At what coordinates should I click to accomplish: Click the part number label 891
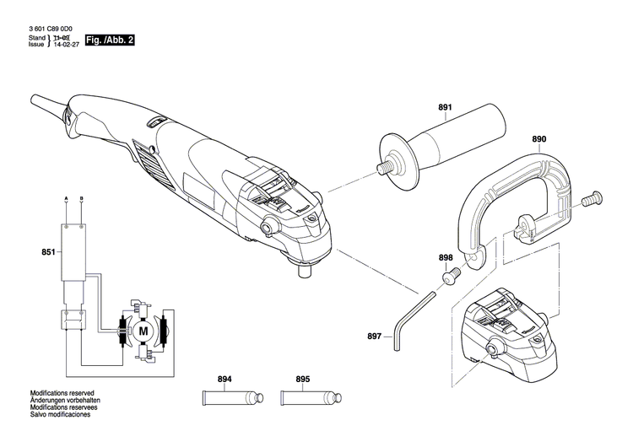(445, 107)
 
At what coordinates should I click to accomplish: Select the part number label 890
(539, 138)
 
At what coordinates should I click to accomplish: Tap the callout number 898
(446, 257)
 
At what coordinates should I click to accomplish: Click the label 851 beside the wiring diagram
(48, 252)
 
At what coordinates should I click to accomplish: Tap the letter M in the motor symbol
(143, 331)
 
